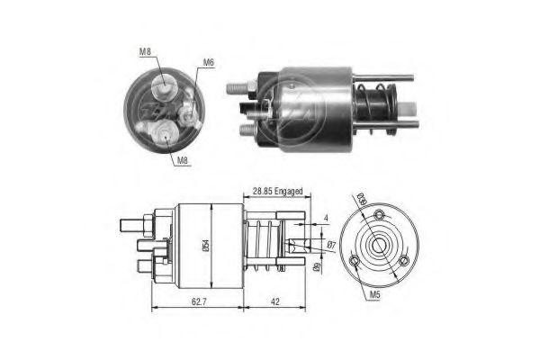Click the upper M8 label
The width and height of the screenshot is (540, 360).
(x=145, y=51)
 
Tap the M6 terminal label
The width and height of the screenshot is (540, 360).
(x=208, y=62)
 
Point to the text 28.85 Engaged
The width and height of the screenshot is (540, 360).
(x=278, y=192)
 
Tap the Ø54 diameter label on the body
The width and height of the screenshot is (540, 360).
(x=208, y=242)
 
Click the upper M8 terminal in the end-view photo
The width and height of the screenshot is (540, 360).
(x=165, y=86)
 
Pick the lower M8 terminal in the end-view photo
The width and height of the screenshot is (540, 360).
(x=166, y=135)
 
